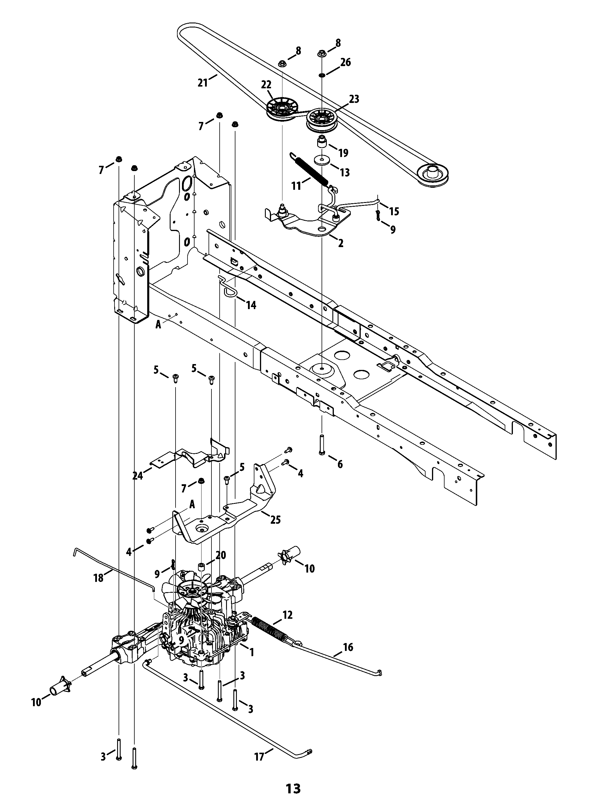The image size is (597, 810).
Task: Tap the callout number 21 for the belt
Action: coord(203,83)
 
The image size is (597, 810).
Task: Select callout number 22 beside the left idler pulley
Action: coord(266,85)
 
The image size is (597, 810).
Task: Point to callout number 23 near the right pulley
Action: coord(354,99)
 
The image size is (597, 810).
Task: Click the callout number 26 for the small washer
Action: coord(346,62)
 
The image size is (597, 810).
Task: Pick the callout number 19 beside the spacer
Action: coord(343,153)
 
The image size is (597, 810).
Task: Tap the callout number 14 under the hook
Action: coord(251,306)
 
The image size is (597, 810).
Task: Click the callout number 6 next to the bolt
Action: coord(340,464)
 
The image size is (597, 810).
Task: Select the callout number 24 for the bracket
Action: coord(138,476)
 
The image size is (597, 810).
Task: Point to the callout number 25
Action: coord(275,520)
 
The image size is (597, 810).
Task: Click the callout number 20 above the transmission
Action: coord(221,555)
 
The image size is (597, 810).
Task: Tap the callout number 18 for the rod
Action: coord(98,578)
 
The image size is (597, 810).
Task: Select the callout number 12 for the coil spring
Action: coord(288,615)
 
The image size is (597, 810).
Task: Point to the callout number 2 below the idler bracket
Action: coord(341,243)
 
